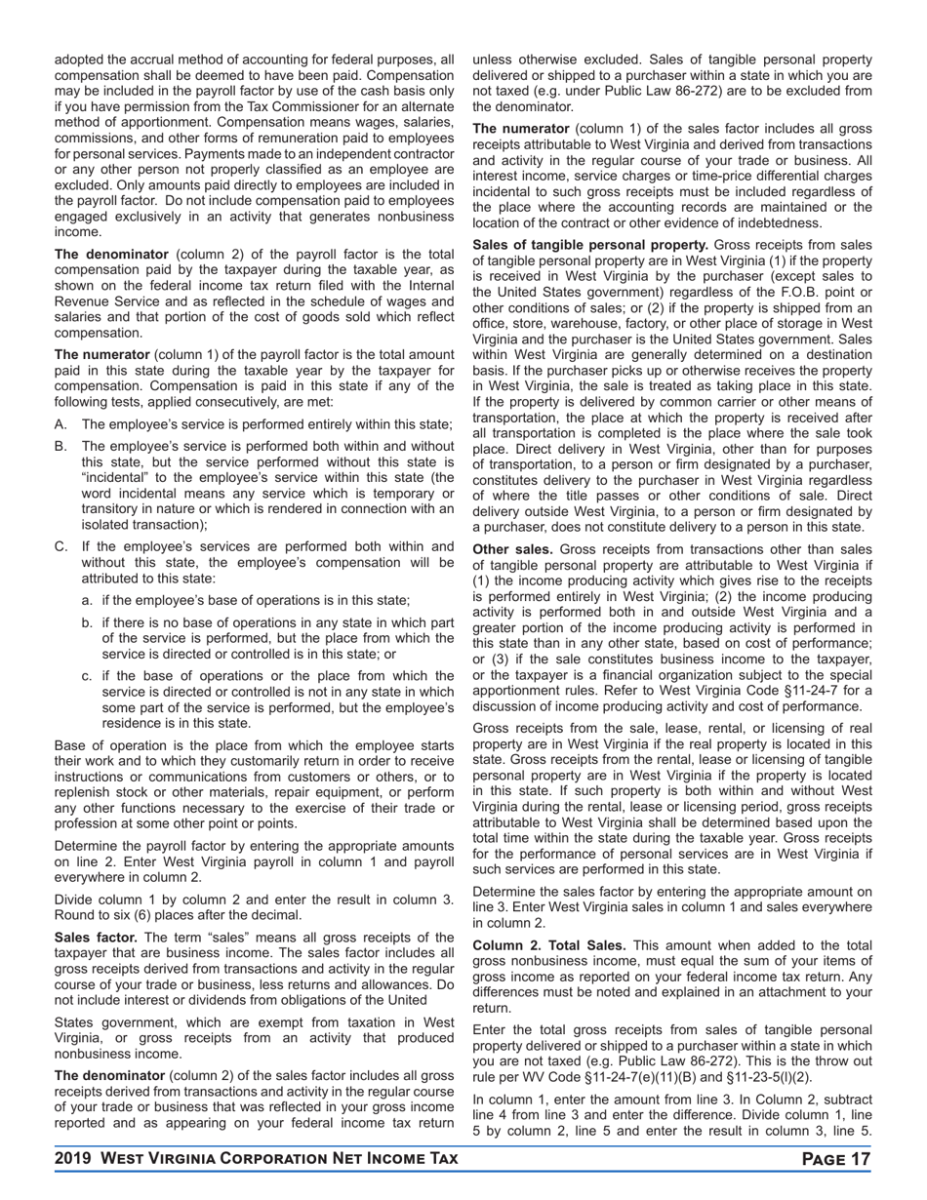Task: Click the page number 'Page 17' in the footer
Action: pos(835,1158)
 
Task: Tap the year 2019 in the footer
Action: pos(75,1158)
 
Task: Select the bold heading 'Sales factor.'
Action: pos(96,937)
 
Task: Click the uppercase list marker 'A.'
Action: pos(61,424)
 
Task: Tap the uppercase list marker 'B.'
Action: pos(61,446)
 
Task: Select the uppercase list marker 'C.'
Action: pos(61,546)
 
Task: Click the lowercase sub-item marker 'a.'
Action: pos(88,600)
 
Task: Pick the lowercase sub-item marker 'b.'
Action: pos(88,622)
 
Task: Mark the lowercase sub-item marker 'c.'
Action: pos(88,676)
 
